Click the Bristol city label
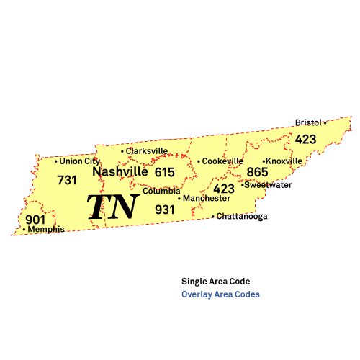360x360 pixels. tap(308, 122)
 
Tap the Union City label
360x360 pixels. tap(80, 161)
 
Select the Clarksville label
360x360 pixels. tap(147, 151)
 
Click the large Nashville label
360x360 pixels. tap(120, 172)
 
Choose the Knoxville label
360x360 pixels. tap(284, 161)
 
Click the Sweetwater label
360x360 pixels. tap(269, 185)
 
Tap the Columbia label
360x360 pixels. tap(161, 192)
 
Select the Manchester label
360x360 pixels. tap(207, 198)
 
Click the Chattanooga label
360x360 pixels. tap(243, 216)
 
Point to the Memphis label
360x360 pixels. tap(45, 230)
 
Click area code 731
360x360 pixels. tap(67, 180)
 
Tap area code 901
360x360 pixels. tap(35, 220)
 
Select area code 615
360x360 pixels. tap(165, 172)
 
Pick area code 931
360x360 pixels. tap(165, 210)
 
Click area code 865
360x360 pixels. tap(257, 172)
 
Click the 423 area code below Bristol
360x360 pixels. tap(305, 139)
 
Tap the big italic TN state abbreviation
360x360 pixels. tap(113, 207)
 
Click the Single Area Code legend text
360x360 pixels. tap(216, 282)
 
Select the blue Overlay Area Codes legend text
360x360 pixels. tap(221, 294)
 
